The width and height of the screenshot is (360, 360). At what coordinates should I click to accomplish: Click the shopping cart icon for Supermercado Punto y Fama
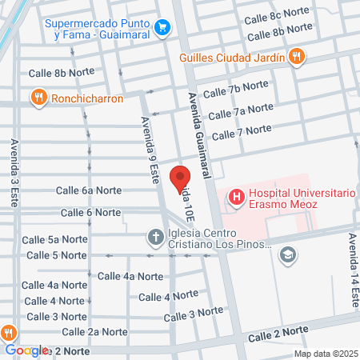point(163,27)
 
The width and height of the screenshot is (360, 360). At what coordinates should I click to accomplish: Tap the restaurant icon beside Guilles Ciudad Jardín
point(298,56)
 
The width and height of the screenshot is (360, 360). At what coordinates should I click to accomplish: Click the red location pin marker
point(181,180)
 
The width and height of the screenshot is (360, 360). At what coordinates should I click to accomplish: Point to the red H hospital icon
point(236,195)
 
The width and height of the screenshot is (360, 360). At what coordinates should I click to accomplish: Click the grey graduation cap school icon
point(288,255)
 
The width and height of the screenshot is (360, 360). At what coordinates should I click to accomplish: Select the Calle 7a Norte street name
point(241,109)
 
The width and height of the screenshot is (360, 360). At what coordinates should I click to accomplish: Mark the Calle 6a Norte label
point(88,190)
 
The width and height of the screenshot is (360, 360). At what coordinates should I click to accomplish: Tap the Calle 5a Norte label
point(56,239)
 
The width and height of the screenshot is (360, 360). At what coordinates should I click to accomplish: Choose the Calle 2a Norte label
point(94,331)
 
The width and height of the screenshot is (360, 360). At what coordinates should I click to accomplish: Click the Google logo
point(26,350)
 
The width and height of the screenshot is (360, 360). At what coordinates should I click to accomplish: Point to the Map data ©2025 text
point(325,354)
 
